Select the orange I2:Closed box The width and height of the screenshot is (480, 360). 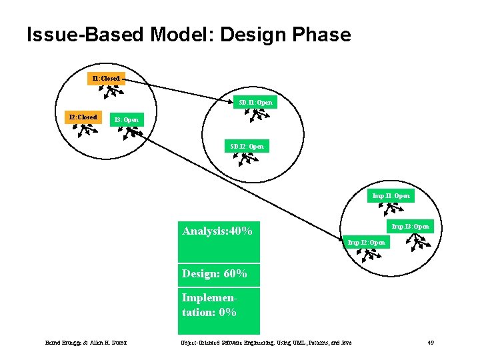(84, 117)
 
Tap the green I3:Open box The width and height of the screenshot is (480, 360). (126, 120)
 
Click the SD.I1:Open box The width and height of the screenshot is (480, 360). (256, 103)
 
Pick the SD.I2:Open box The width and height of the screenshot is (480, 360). (247, 146)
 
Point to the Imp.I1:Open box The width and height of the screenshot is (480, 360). (391, 196)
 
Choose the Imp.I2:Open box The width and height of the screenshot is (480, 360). (367, 243)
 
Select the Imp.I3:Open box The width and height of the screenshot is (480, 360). (410, 227)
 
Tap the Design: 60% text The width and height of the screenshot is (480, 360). (215, 273)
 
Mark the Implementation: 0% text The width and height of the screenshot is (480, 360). (209, 305)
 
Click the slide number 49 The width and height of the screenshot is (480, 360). (431, 343)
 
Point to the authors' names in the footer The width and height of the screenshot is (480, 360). (86, 343)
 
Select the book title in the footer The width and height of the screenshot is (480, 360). (266, 343)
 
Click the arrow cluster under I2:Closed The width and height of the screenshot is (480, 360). (84, 131)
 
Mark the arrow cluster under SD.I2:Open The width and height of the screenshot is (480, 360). (248, 159)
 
